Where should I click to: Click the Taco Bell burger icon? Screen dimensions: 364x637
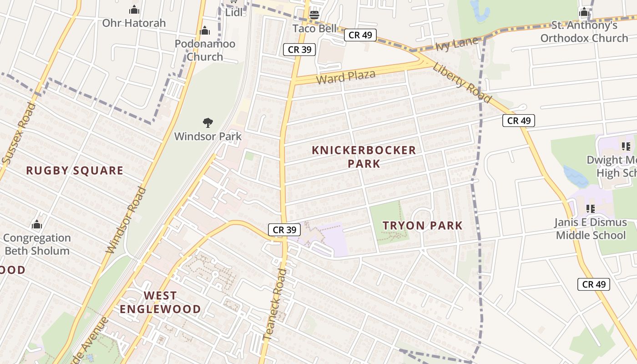[314, 15]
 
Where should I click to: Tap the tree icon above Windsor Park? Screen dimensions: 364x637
[208, 122]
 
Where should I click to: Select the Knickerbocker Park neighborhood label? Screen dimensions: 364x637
[364, 157]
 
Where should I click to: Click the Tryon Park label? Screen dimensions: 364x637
[422, 225]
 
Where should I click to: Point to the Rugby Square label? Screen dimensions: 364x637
[75, 171]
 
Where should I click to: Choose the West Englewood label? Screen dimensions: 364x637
[160, 302]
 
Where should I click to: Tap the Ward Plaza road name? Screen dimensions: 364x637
[346, 77]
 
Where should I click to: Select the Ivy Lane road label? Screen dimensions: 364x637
[457, 44]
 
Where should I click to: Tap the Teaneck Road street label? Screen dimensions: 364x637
[275, 304]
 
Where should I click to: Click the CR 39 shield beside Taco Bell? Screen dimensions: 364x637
[299, 50]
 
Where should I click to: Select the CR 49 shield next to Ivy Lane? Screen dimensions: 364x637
[360, 35]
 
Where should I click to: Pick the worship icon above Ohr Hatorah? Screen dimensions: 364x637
[134, 10]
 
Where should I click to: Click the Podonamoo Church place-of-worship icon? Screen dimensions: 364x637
[205, 31]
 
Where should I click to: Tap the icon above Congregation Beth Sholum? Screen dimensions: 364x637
[37, 225]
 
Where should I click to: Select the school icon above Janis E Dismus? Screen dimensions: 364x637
[591, 209]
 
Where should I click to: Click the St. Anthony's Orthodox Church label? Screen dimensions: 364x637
[584, 31]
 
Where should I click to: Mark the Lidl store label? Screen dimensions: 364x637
[234, 12]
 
